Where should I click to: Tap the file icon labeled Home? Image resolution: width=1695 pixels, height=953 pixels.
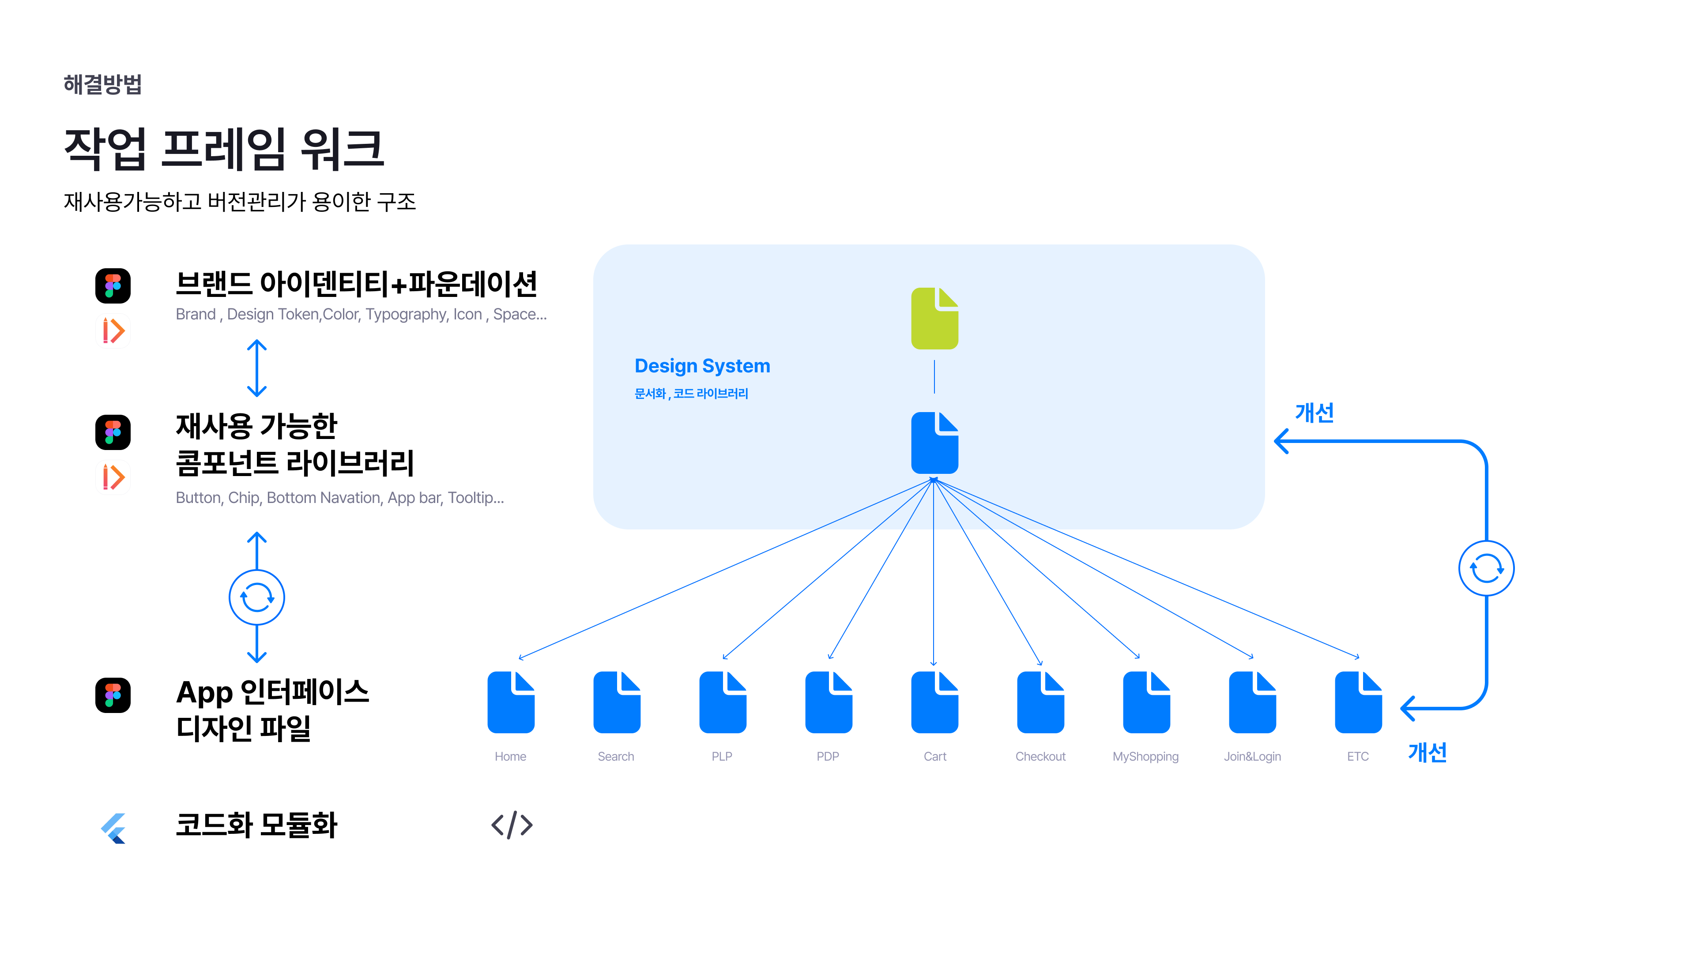(511, 702)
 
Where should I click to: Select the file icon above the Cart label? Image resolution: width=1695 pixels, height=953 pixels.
(934, 702)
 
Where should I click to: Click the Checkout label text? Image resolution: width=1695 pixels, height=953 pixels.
(1040, 756)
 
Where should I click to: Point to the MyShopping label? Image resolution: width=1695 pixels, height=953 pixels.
(1145, 756)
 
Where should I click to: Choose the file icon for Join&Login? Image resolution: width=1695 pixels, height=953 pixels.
(1252, 702)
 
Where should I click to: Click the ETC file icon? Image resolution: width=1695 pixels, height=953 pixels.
(1358, 702)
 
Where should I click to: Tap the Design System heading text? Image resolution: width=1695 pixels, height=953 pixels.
(702, 366)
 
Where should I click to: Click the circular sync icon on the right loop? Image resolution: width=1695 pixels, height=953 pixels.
(1486, 568)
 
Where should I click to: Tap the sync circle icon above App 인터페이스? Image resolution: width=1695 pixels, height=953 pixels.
(256, 598)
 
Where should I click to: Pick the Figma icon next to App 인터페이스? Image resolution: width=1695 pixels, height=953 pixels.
(113, 695)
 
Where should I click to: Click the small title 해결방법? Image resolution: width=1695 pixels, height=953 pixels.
(103, 84)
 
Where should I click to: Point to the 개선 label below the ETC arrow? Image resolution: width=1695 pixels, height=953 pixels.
(1427, 752)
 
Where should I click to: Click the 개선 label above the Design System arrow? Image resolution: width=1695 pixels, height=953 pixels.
(1314, 413)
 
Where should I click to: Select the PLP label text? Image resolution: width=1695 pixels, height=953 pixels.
(722, 756)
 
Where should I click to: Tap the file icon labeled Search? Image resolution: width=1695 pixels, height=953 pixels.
(617, 702)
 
